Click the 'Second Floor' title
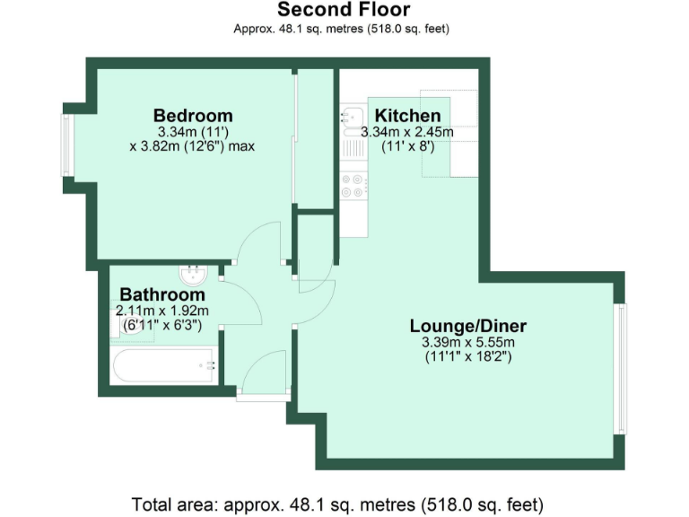[344, 10]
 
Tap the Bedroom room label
[192, 116]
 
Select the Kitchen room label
[407, 116]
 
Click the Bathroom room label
[162, 294]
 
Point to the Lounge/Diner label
[467, 325]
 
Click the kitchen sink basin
[350, 115]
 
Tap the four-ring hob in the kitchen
[352, 185]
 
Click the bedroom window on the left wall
[66, 145]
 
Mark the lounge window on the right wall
[620, 368]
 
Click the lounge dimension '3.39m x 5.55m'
[467, 343]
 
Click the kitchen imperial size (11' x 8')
[407, 145]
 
